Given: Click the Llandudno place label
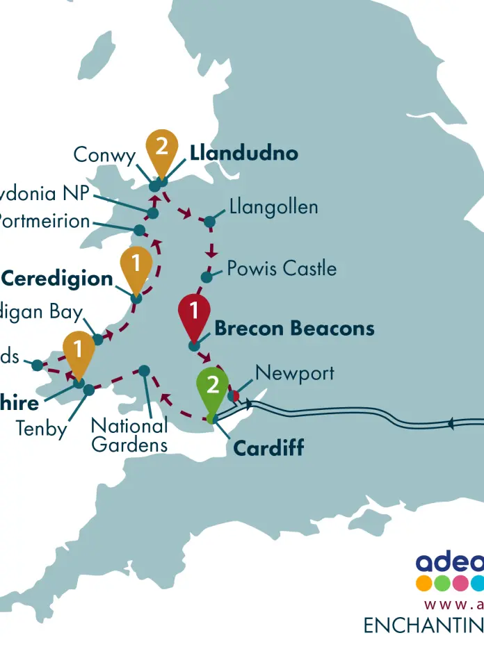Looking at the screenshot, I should coord(244,153).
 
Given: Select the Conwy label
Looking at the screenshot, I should coord(104,155).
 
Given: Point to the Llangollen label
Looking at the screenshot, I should coord(273,207).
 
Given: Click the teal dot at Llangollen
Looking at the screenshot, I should coord(209,222).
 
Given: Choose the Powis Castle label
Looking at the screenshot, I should coord(282,268).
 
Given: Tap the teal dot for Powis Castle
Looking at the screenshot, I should coord(207,277).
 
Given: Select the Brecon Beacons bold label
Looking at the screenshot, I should coord(294,328).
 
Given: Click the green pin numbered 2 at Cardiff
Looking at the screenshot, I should coord(212,386).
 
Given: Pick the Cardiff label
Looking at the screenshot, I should coord(268,448).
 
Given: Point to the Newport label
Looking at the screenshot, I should coord(295,372).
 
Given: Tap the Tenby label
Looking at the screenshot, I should coord(42,429).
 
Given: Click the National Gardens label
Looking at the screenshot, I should coord(129,435).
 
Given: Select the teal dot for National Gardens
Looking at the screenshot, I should coord(144,370).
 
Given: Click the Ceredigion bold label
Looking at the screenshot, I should coord(57,279).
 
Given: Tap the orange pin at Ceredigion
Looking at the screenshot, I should coord(136,267).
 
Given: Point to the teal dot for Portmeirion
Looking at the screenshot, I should coord(139,230).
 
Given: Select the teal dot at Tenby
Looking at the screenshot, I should coord(89,391).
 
